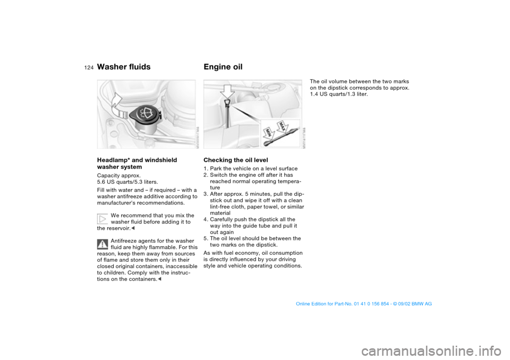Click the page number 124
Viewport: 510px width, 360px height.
tap(88, 67)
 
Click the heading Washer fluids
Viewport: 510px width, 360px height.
tap(124, 67)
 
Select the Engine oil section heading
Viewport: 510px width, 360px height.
tap(223, 67)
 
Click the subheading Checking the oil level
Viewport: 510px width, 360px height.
tap(235, 160)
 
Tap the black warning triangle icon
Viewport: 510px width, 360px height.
tap(103, 244)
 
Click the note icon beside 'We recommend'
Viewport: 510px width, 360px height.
tap(103, 218)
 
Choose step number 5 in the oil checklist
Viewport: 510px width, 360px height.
tap(206, 238)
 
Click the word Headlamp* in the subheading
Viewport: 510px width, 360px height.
tap(113, 160)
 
